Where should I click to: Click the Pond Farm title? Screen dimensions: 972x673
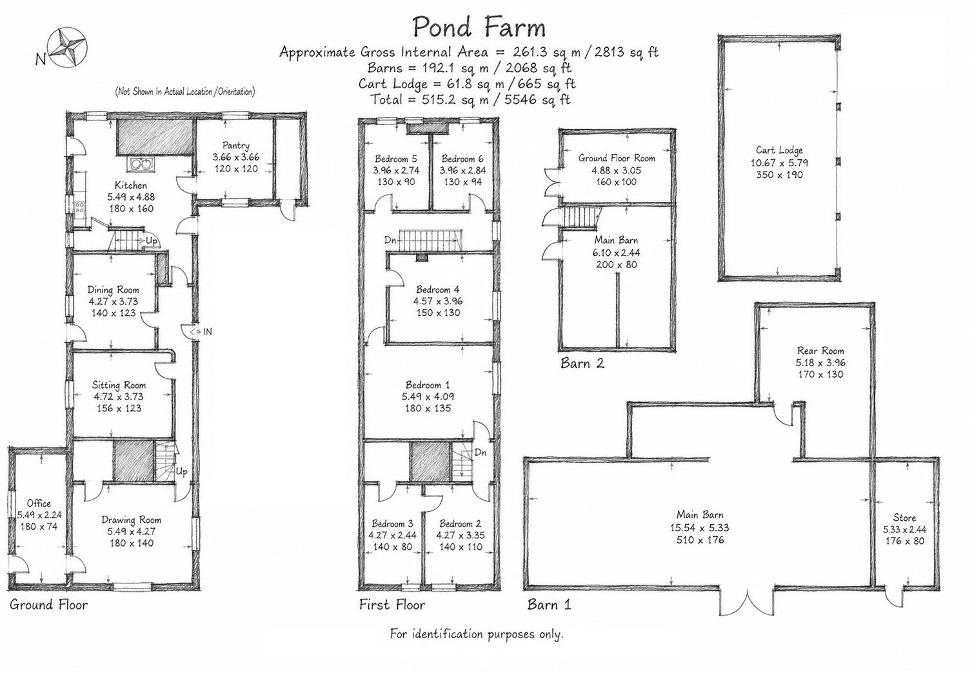tap(479, 27)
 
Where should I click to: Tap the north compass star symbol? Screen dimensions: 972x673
tap(67, 47)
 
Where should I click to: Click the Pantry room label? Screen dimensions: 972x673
tap(235, 146)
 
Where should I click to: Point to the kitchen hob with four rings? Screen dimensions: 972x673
tap(79, 209)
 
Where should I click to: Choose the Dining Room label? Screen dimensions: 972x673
tap(114, 289)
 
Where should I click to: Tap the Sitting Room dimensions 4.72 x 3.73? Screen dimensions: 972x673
tap(119, 396)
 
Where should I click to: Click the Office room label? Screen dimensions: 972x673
tap(39, 503)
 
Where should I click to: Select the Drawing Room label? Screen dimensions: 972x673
tap(131, 520)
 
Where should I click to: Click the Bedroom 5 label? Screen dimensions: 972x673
tap(396, 159)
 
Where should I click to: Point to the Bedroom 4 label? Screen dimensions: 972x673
tap(437, 289)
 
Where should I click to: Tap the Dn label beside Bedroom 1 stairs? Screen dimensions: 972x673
tap(481, 453)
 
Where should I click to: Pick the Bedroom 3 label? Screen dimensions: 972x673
tap(392, 524)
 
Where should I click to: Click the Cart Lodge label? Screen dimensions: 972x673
tap(779, 150)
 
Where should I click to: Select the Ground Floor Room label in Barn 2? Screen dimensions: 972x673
tap(617, 159)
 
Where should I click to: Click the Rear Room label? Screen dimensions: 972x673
tap(820, 351)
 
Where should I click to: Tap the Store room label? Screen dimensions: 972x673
tap(904, 518)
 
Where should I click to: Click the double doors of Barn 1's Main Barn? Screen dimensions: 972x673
tap(748, 601)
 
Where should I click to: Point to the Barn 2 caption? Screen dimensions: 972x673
tap(582, 363)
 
